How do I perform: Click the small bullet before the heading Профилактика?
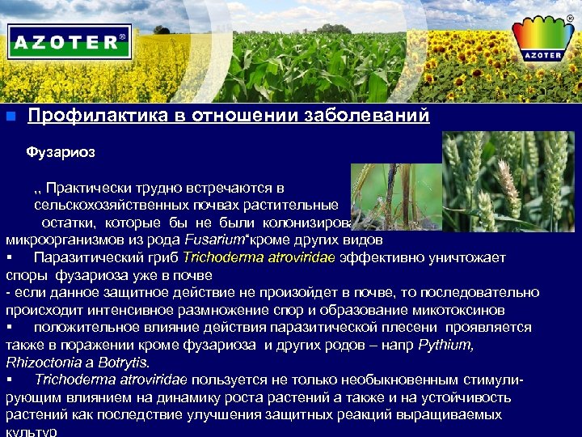tap(10, 116)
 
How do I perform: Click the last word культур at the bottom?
tap(31, 431)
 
